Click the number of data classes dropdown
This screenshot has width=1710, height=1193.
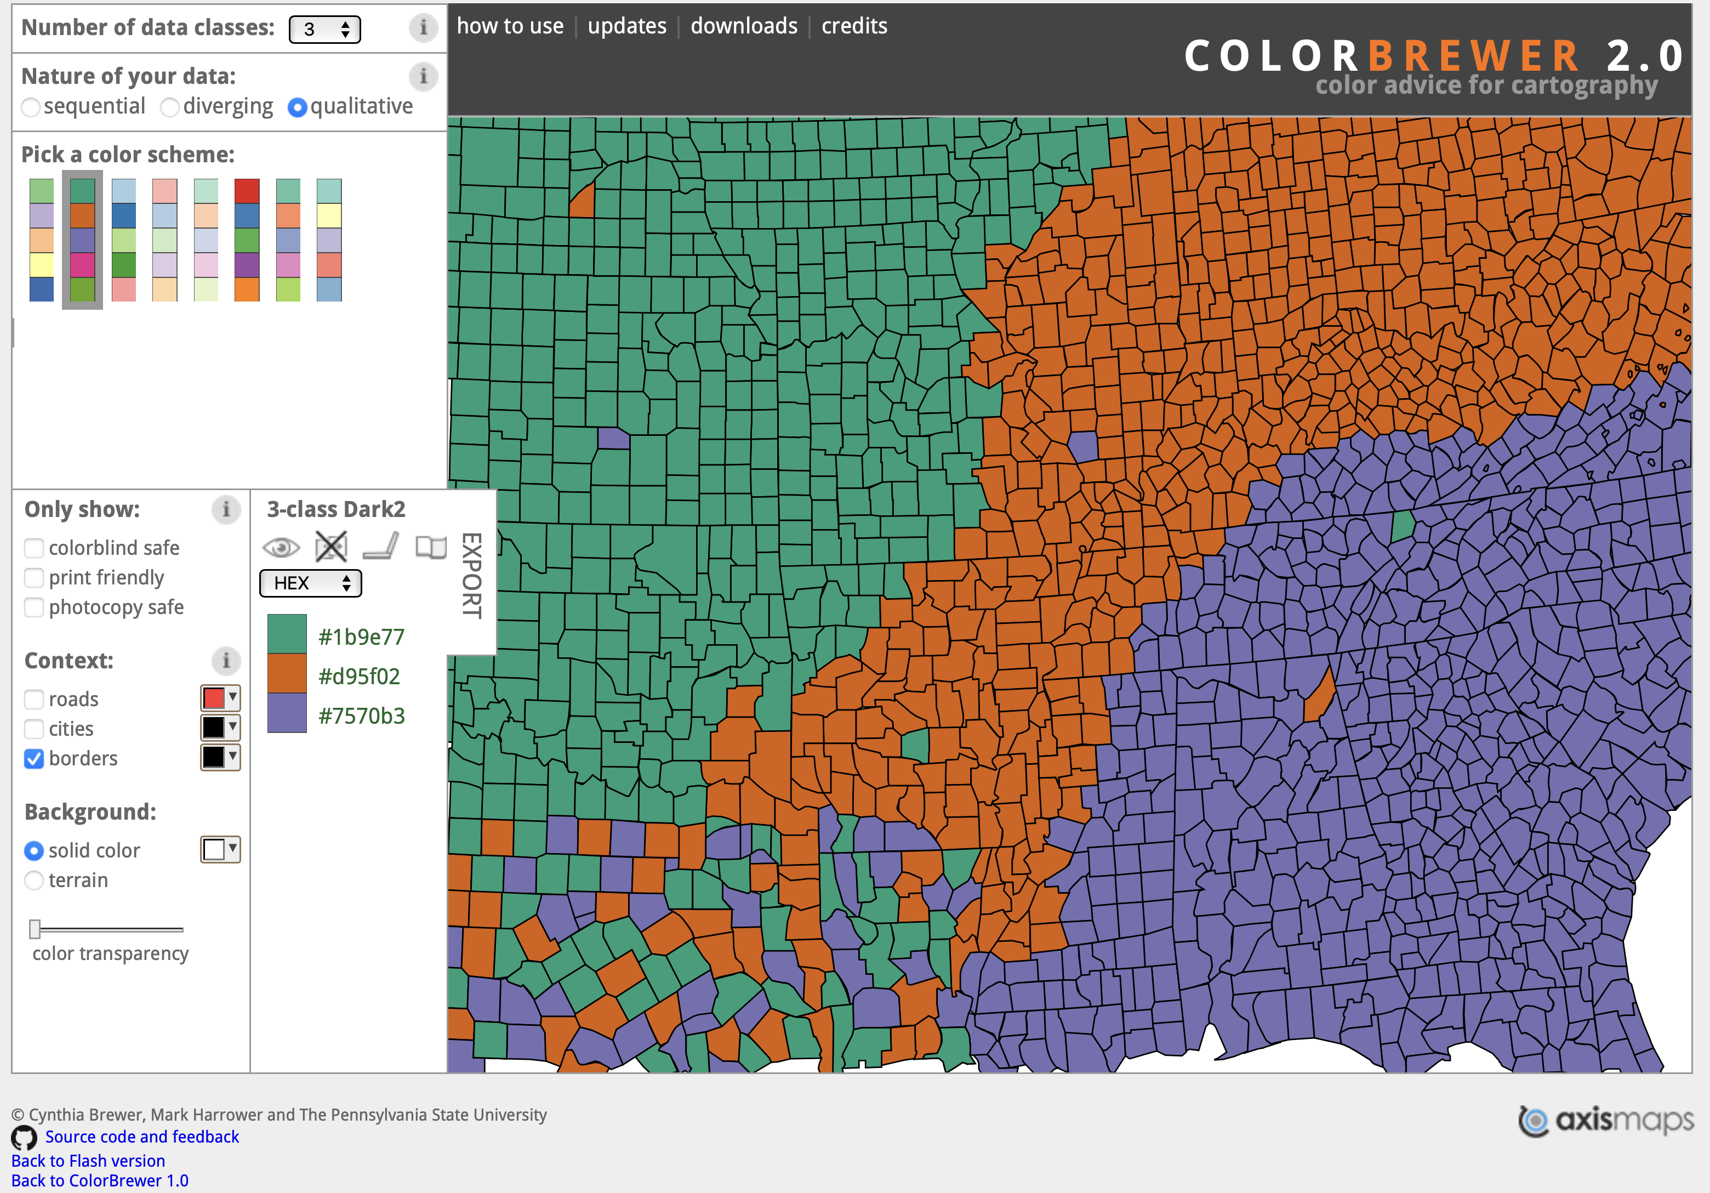tap(324, 29)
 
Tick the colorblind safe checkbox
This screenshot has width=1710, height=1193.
tap(33, 548)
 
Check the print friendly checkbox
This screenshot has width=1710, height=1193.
tap(33, 578)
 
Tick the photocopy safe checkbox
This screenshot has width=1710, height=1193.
tap(33, 608)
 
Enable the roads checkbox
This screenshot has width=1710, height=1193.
tap(33, 700)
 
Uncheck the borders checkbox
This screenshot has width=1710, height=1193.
tap(33, 759)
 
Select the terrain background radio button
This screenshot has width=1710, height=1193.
tap(33, 881)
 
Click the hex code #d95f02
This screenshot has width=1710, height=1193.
tap(359, 677)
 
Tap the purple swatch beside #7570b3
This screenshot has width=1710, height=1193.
tap(287, 713)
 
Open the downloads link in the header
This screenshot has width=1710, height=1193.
tap(743, 26)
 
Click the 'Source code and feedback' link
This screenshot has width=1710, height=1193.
tap(141, 1137)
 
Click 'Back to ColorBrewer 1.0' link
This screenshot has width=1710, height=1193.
tap(100, 1181)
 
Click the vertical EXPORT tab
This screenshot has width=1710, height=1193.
tap(471, 575)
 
